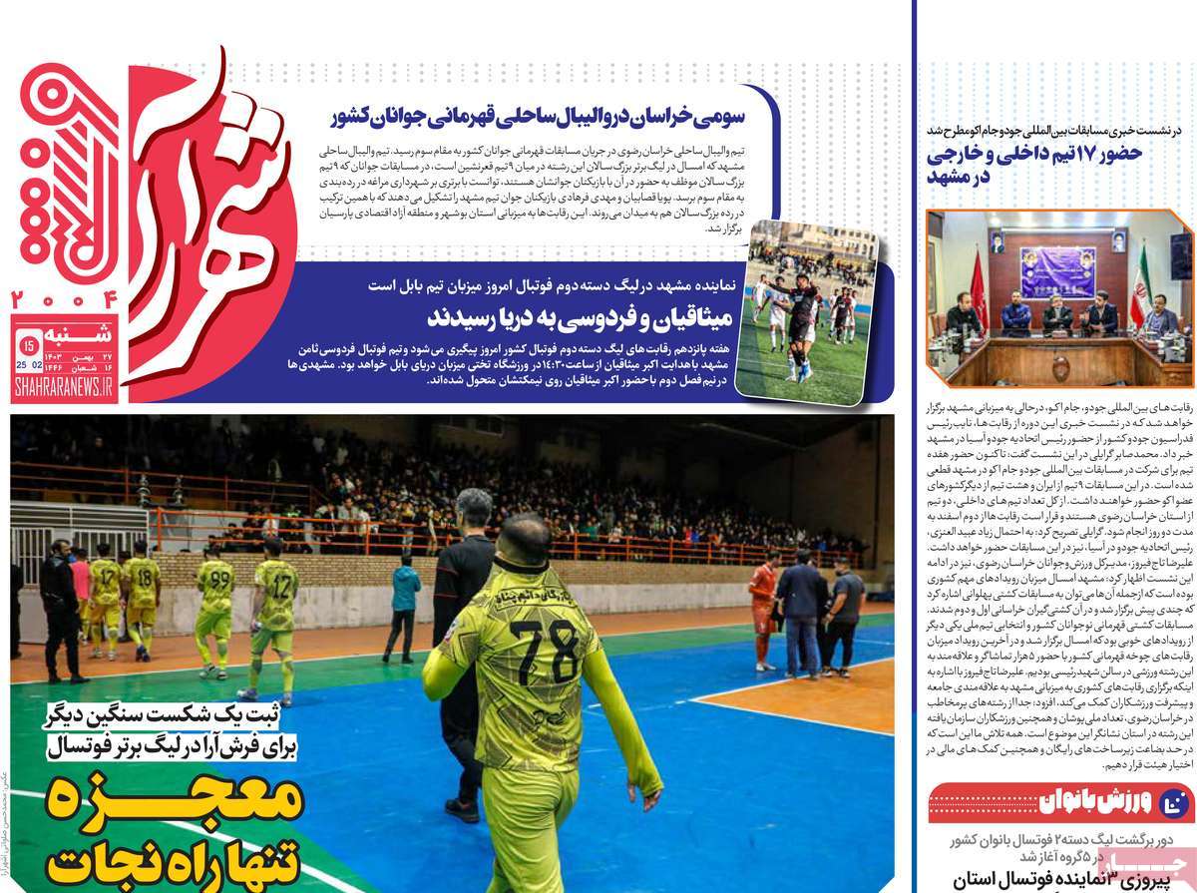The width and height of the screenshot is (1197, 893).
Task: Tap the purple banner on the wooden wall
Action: click(1057, 271)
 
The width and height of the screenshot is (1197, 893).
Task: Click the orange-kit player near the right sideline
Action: click(762, 608)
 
